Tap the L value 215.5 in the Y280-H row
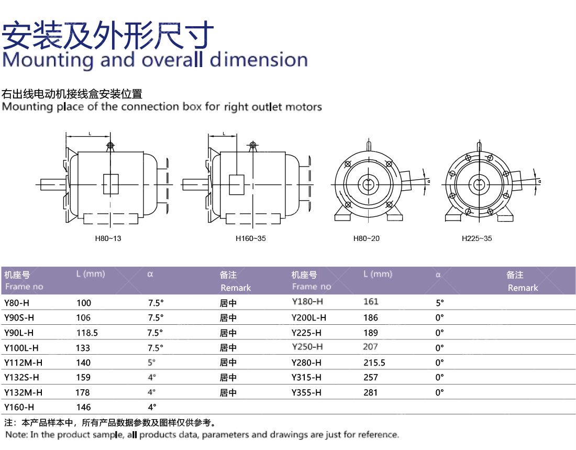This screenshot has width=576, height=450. click(x=374, y=363)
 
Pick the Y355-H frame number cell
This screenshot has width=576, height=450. click(x=306, y=392)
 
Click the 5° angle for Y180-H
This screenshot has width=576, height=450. click(x=439, y=303)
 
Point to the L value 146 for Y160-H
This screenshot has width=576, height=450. click(x=83, y=407)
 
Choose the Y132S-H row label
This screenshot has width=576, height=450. click(x=21, y=377)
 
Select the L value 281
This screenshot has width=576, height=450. click(x=370, y=392)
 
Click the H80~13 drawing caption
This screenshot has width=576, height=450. click(x=108, y=238)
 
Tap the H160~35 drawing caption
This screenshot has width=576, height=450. click(x=250, y=238)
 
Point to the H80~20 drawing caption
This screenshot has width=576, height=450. click(x=367, y=238)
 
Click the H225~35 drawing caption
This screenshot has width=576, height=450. click(x=477, y=238)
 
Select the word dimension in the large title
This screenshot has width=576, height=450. click(x=259, y=60)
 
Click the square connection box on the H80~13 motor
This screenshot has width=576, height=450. click(x=111, y=183)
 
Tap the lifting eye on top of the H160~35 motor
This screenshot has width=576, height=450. click(x=253, y=145)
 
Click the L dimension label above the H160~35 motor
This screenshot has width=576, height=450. click(x=224, y=134)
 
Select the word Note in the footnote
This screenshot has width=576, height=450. click(x=15, y=435)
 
